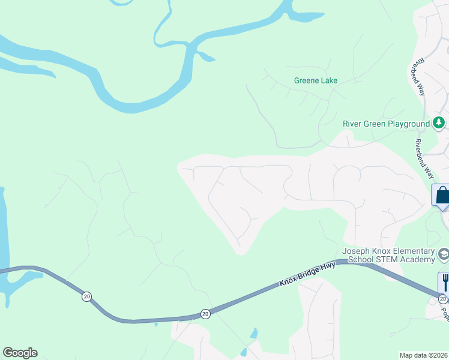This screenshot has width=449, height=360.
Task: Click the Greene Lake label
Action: click(x=316, y=80)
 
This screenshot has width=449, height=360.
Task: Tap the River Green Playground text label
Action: click(x=386, y=124)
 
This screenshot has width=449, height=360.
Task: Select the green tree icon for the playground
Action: click(x=439, y=124)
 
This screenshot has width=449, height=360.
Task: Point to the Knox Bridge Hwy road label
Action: click(x=307, y=274)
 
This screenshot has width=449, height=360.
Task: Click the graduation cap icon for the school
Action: click(x=444, y=254)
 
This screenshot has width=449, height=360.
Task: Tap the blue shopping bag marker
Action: click(x=442, y=196)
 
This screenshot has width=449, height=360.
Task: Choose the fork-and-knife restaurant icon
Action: click(x=445, y=281)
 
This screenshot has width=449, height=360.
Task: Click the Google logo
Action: click(x=20, y=353)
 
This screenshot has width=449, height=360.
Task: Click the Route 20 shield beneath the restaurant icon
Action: click(x=443, y=299)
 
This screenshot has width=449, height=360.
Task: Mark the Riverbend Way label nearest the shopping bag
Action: click(x=424, y=159)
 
